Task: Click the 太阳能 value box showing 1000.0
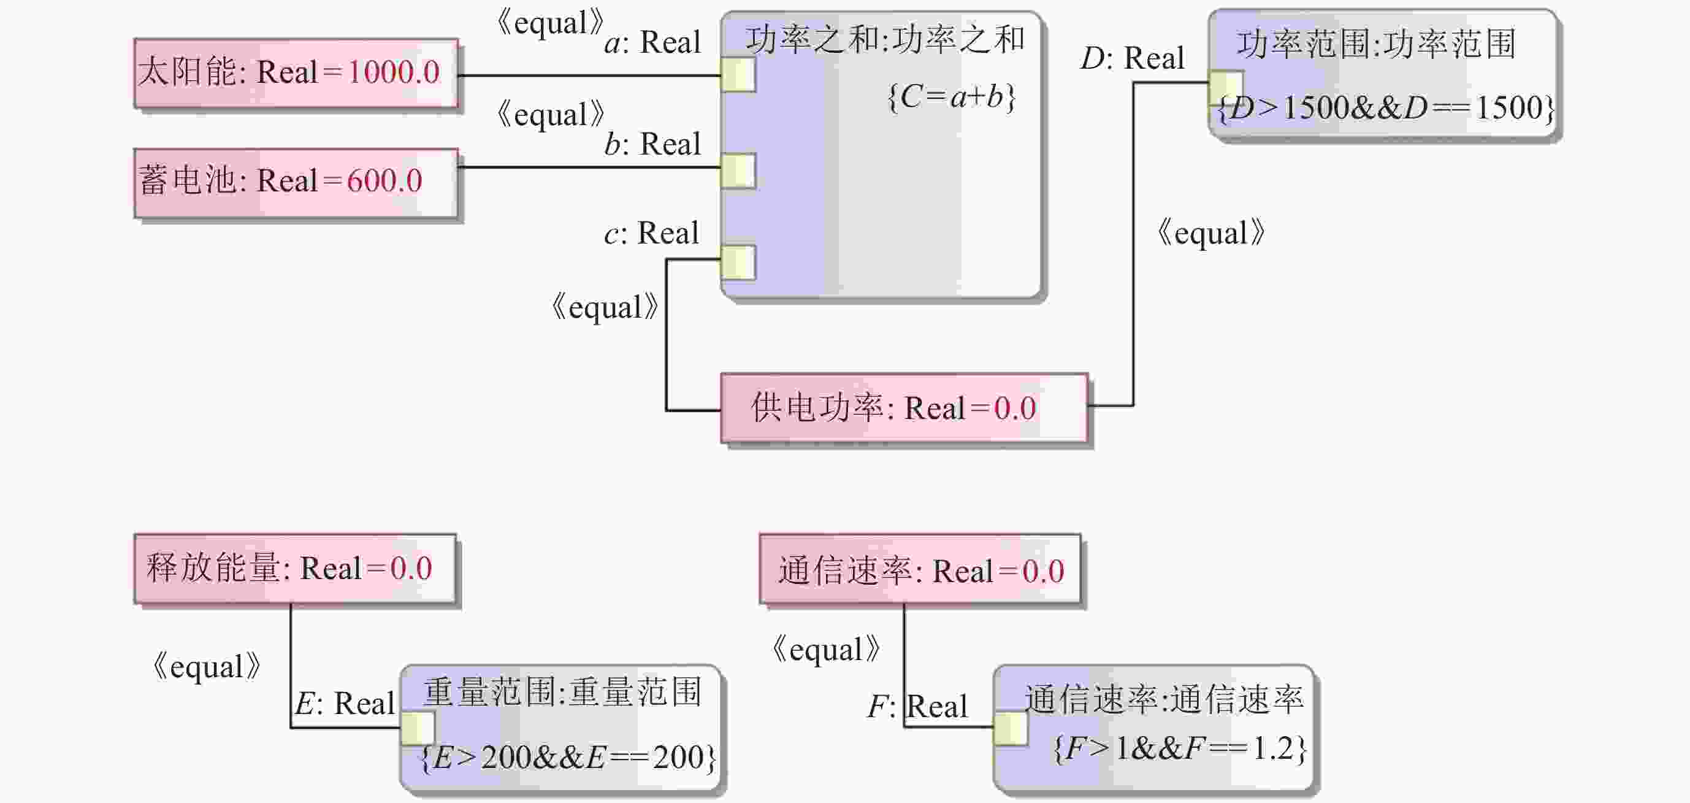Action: [x=295, y=73]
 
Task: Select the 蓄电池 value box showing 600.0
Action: [x=295, y=182]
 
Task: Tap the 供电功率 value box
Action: [x=903, y=408]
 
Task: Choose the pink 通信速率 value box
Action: [x=919, y=569]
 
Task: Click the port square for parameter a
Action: [x=738, y=75]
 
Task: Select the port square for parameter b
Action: [x=738, y=171]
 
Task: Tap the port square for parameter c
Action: [x=738, y=262]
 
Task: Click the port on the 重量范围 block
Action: [x=417, y=728]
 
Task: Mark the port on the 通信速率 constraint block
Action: [x=1011, y=728]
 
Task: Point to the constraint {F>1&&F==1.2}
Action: [x=1180, y=748]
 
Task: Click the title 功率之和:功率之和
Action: [x=884, y=40]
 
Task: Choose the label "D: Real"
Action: [x=1133, y=58]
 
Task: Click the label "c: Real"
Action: [x=651, y=233]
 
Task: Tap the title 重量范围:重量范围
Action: [x=562, y=692]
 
